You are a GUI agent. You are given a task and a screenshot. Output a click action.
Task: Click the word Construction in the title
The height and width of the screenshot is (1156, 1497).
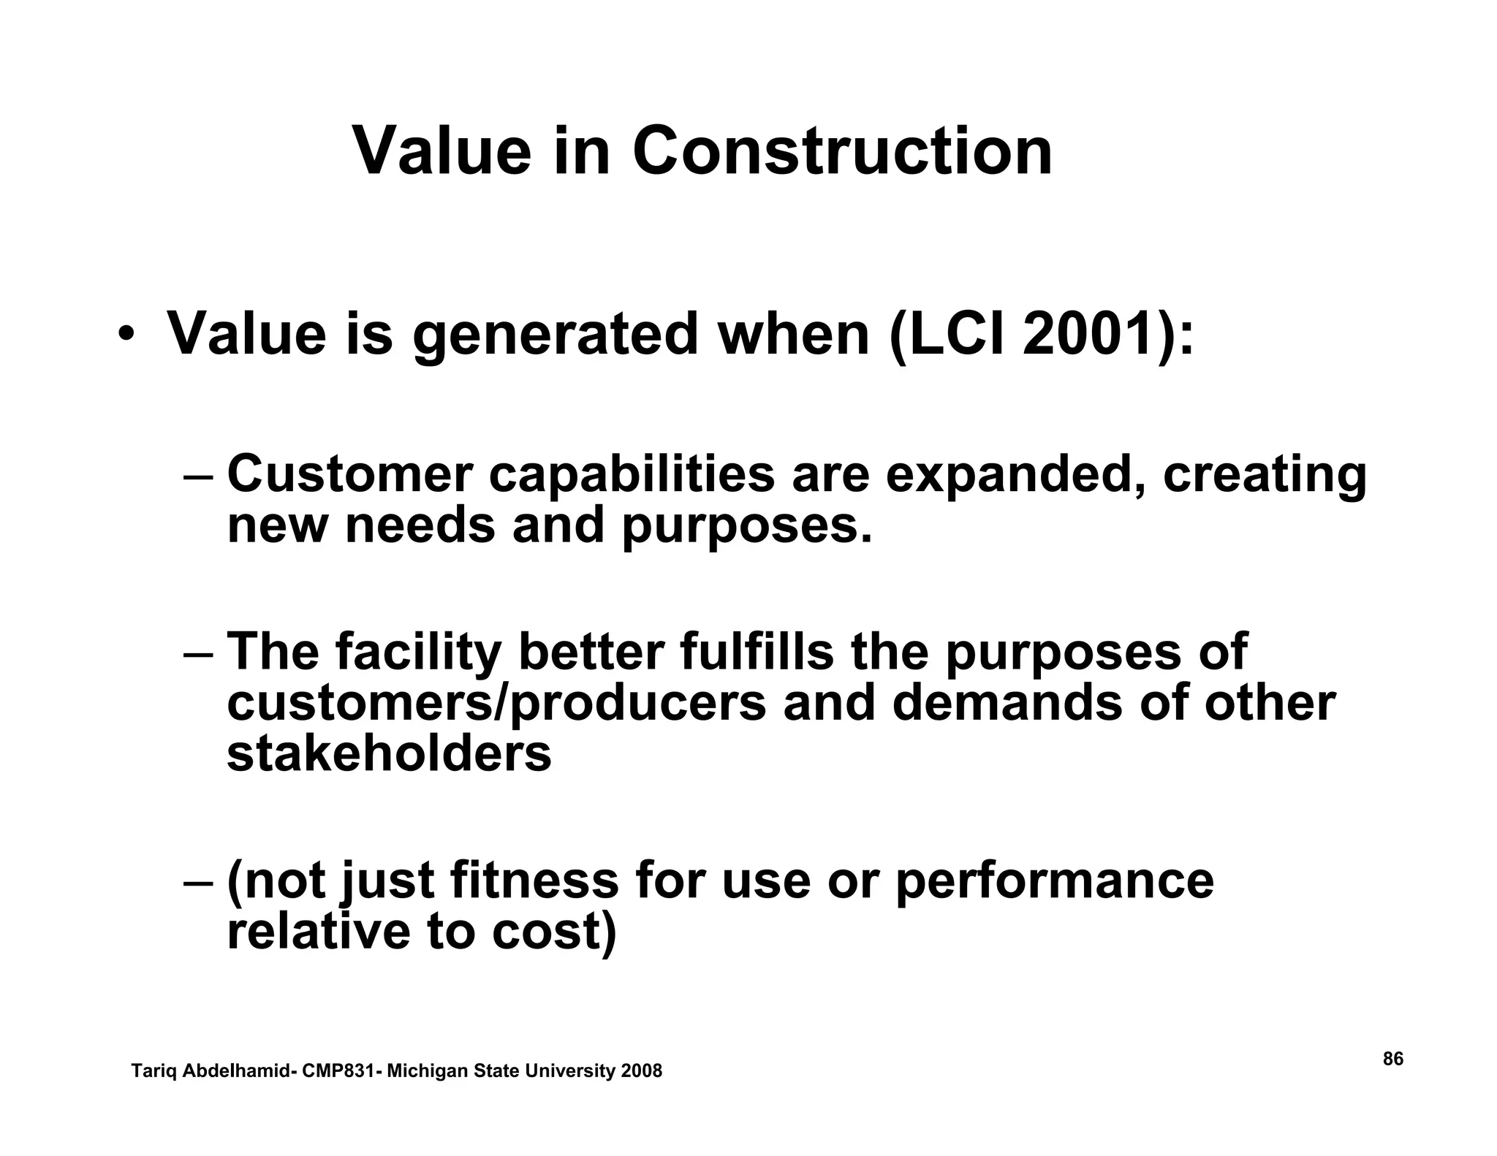(842, 152)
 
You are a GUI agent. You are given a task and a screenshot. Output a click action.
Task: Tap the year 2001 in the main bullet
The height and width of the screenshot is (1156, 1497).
(1089, 335)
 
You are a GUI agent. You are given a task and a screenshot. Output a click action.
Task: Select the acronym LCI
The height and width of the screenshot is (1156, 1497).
(955, 335)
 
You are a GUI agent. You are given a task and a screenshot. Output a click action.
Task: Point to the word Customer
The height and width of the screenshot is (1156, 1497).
(350, 474)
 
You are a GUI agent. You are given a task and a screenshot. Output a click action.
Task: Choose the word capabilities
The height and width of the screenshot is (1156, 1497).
(631, 476)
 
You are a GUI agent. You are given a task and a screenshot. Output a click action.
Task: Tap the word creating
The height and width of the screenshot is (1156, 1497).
(1264, 476)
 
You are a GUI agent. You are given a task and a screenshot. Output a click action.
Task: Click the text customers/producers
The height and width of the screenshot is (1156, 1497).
(496, 704)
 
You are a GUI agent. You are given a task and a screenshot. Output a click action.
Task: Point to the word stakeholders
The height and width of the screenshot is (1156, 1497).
(389, 754)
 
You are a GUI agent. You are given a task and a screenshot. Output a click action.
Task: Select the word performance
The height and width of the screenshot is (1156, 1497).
(1054, 882)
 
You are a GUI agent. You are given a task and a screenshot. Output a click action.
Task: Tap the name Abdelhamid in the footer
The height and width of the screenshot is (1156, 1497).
(234, 1071)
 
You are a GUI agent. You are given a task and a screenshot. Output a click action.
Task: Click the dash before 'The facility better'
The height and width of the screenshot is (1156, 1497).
(198, 653)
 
